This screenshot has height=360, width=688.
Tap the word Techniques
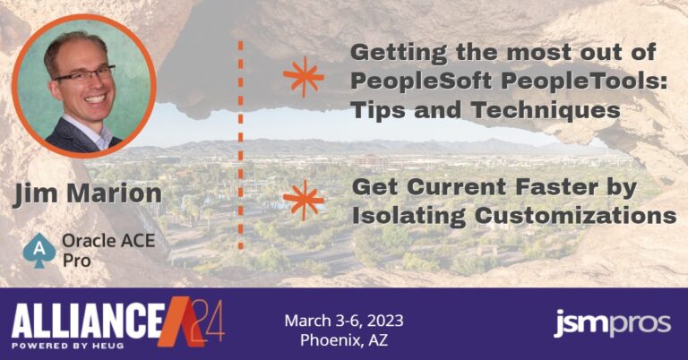pos(546,109)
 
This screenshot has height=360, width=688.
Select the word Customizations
pos(575,215)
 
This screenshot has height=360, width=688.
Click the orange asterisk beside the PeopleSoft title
pos(303,76)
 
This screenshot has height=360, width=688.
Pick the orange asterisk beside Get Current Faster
pos(303,200)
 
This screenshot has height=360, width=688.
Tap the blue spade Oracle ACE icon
pos(39,250)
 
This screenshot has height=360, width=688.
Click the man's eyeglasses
pos(84,74)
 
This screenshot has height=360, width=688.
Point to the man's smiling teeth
pos(96,98)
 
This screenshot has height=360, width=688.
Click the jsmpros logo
pos(612,323)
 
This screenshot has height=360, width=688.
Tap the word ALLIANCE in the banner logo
pos(88,321)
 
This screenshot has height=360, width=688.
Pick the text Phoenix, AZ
pos(344,339)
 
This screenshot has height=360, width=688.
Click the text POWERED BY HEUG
pos(67,346)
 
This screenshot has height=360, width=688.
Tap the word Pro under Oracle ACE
pos(77,261)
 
